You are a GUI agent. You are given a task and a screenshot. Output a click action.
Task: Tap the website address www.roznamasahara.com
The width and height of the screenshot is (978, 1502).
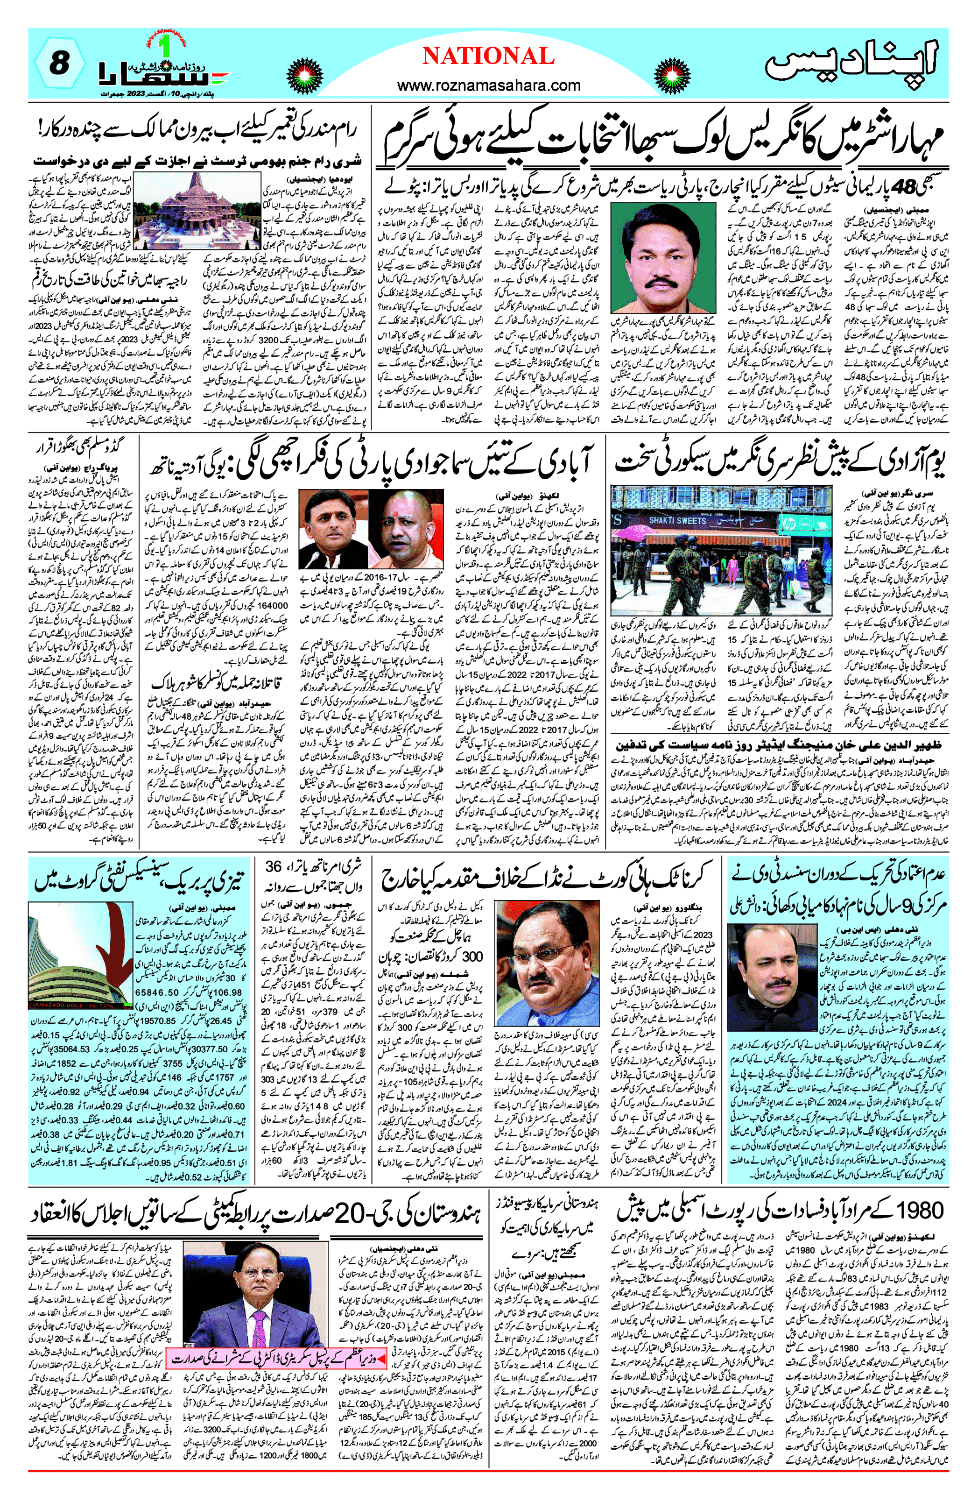point(488,85)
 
